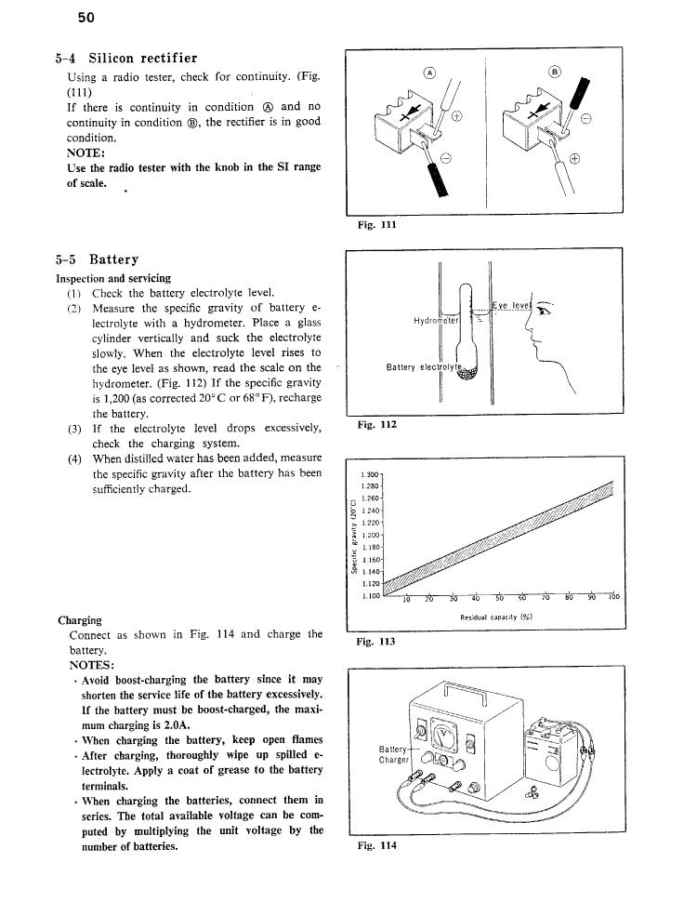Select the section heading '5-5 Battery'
click(97, 259)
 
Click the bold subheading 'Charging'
click(80, 619)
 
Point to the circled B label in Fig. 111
click(556, 73)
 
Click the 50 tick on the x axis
click(498, 598)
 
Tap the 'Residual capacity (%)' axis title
click(494, 617)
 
